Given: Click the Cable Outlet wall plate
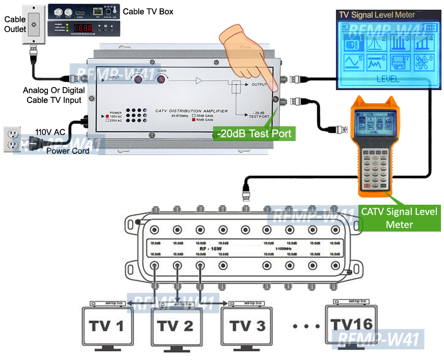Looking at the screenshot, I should pos(34,25).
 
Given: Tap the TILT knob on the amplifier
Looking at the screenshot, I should pos(138,79).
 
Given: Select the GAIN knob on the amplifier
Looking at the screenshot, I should pos(162,79).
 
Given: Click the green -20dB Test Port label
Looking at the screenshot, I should pos(253,133).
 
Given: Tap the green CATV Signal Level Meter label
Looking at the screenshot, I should pos(399,217).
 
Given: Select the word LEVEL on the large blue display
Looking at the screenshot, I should pos(387,79).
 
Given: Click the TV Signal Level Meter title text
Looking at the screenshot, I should pos(377,15).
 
